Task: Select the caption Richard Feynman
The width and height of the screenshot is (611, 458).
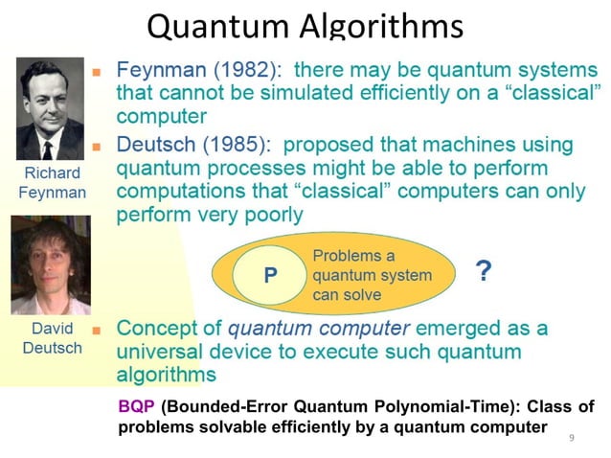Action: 52,182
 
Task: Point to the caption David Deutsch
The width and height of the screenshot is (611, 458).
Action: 52,337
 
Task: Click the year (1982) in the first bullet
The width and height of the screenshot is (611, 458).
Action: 227,70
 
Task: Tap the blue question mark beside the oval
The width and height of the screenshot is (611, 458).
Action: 484,272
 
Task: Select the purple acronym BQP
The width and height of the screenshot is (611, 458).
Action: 136,407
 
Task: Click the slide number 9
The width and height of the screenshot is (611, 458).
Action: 572,438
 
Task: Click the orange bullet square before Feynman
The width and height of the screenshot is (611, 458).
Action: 96,72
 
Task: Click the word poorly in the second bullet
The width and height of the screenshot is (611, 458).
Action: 269,215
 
